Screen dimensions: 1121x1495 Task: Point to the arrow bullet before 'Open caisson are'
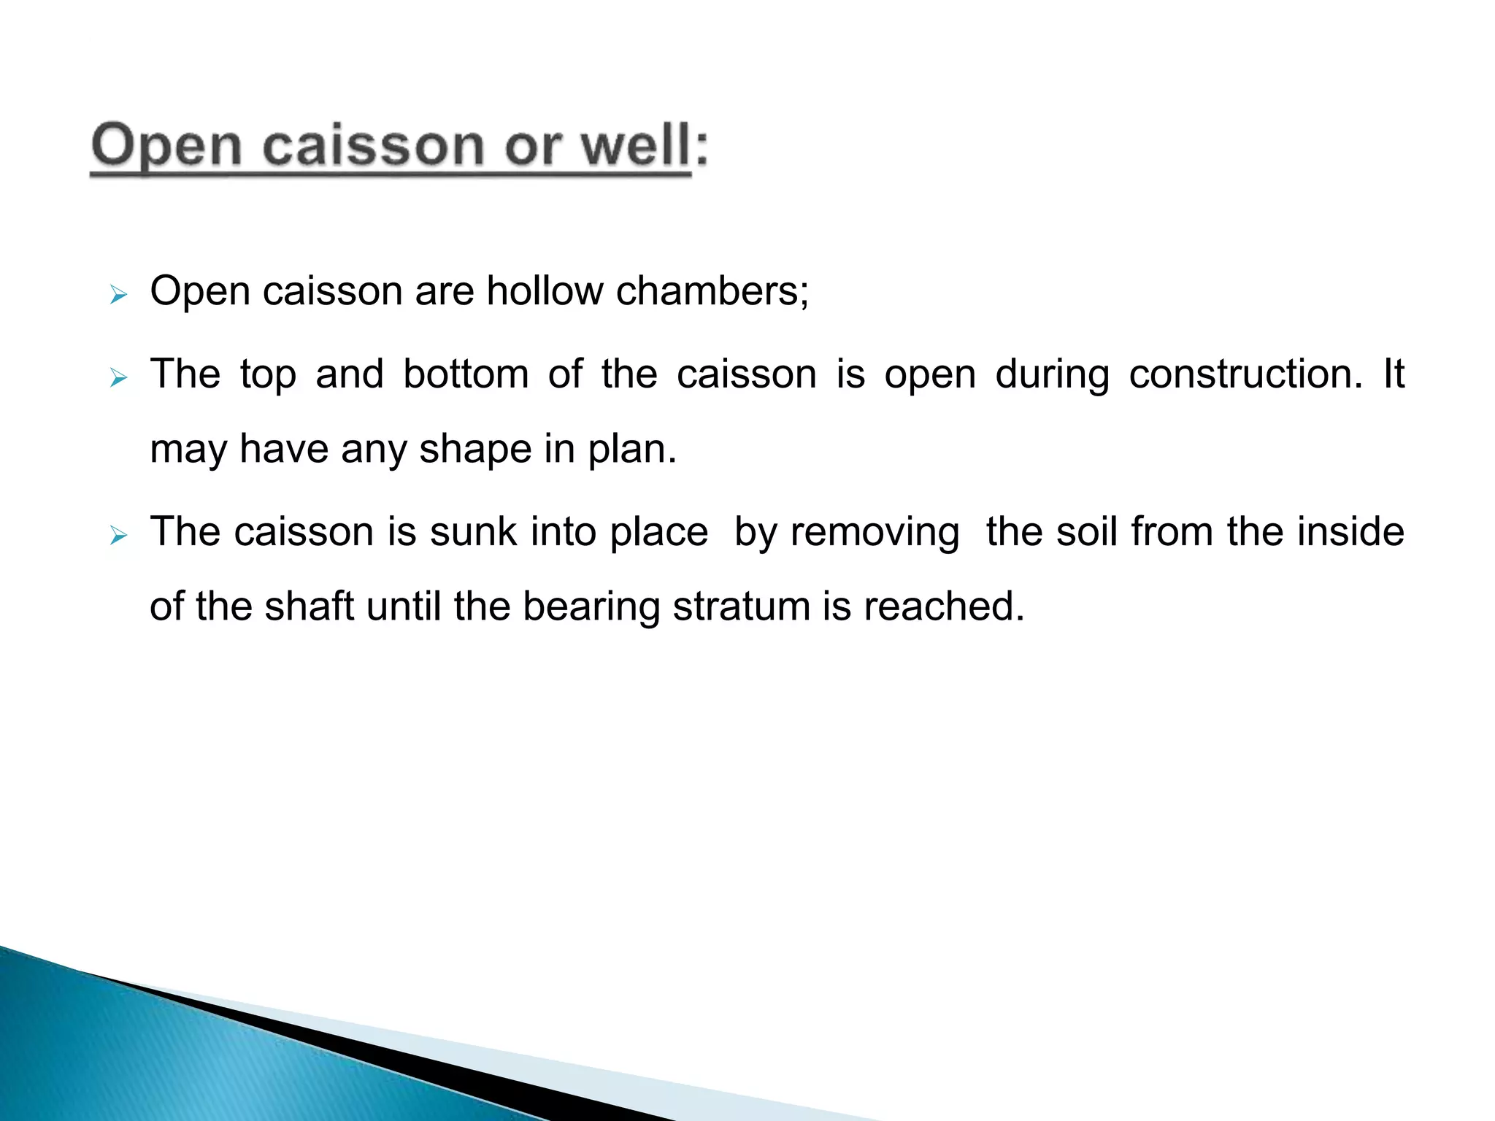pyautogui.click(x=118, y=296)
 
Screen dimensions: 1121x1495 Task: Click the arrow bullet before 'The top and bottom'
pyautogui.click(x=118, y=378)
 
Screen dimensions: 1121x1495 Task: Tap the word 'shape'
pyautogui.click(x=475, y=450)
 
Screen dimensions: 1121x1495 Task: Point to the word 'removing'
pyautogui.click(x=875, y=533)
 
